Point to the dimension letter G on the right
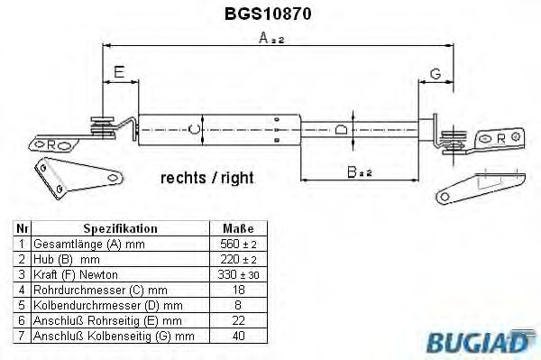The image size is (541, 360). tap(434, 73)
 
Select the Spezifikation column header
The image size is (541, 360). tap(120, 229)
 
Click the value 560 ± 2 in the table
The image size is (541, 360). tap(237, 244)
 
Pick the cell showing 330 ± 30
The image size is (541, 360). tap(237, 273)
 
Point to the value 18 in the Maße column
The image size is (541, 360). tap(237, 288)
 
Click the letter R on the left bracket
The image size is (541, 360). tap(51, 144)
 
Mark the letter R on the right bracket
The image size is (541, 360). tap(501, 138)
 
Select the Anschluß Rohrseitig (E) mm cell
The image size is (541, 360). tap(106, 318)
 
